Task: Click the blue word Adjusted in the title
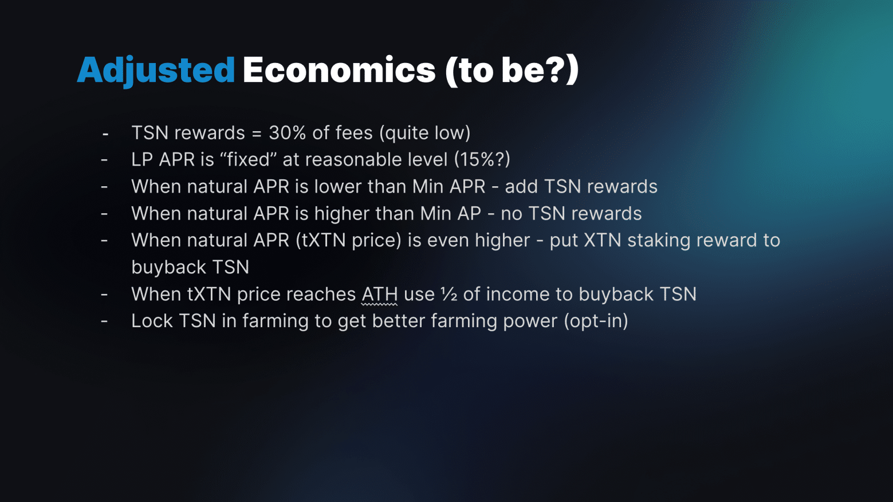click(156, 70)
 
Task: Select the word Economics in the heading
click(339, 70)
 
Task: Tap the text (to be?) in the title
click(512, 70)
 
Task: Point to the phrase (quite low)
click(425, 133)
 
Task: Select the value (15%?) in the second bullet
click(482, 159)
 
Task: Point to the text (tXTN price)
click(348, 241)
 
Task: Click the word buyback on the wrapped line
click(168, 267)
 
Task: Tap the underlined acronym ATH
click(380, 295)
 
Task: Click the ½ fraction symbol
click(449, 295)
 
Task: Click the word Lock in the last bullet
click(152, 321)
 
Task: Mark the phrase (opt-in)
click(596, 321)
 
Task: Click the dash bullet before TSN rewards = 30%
click(105, 134)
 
